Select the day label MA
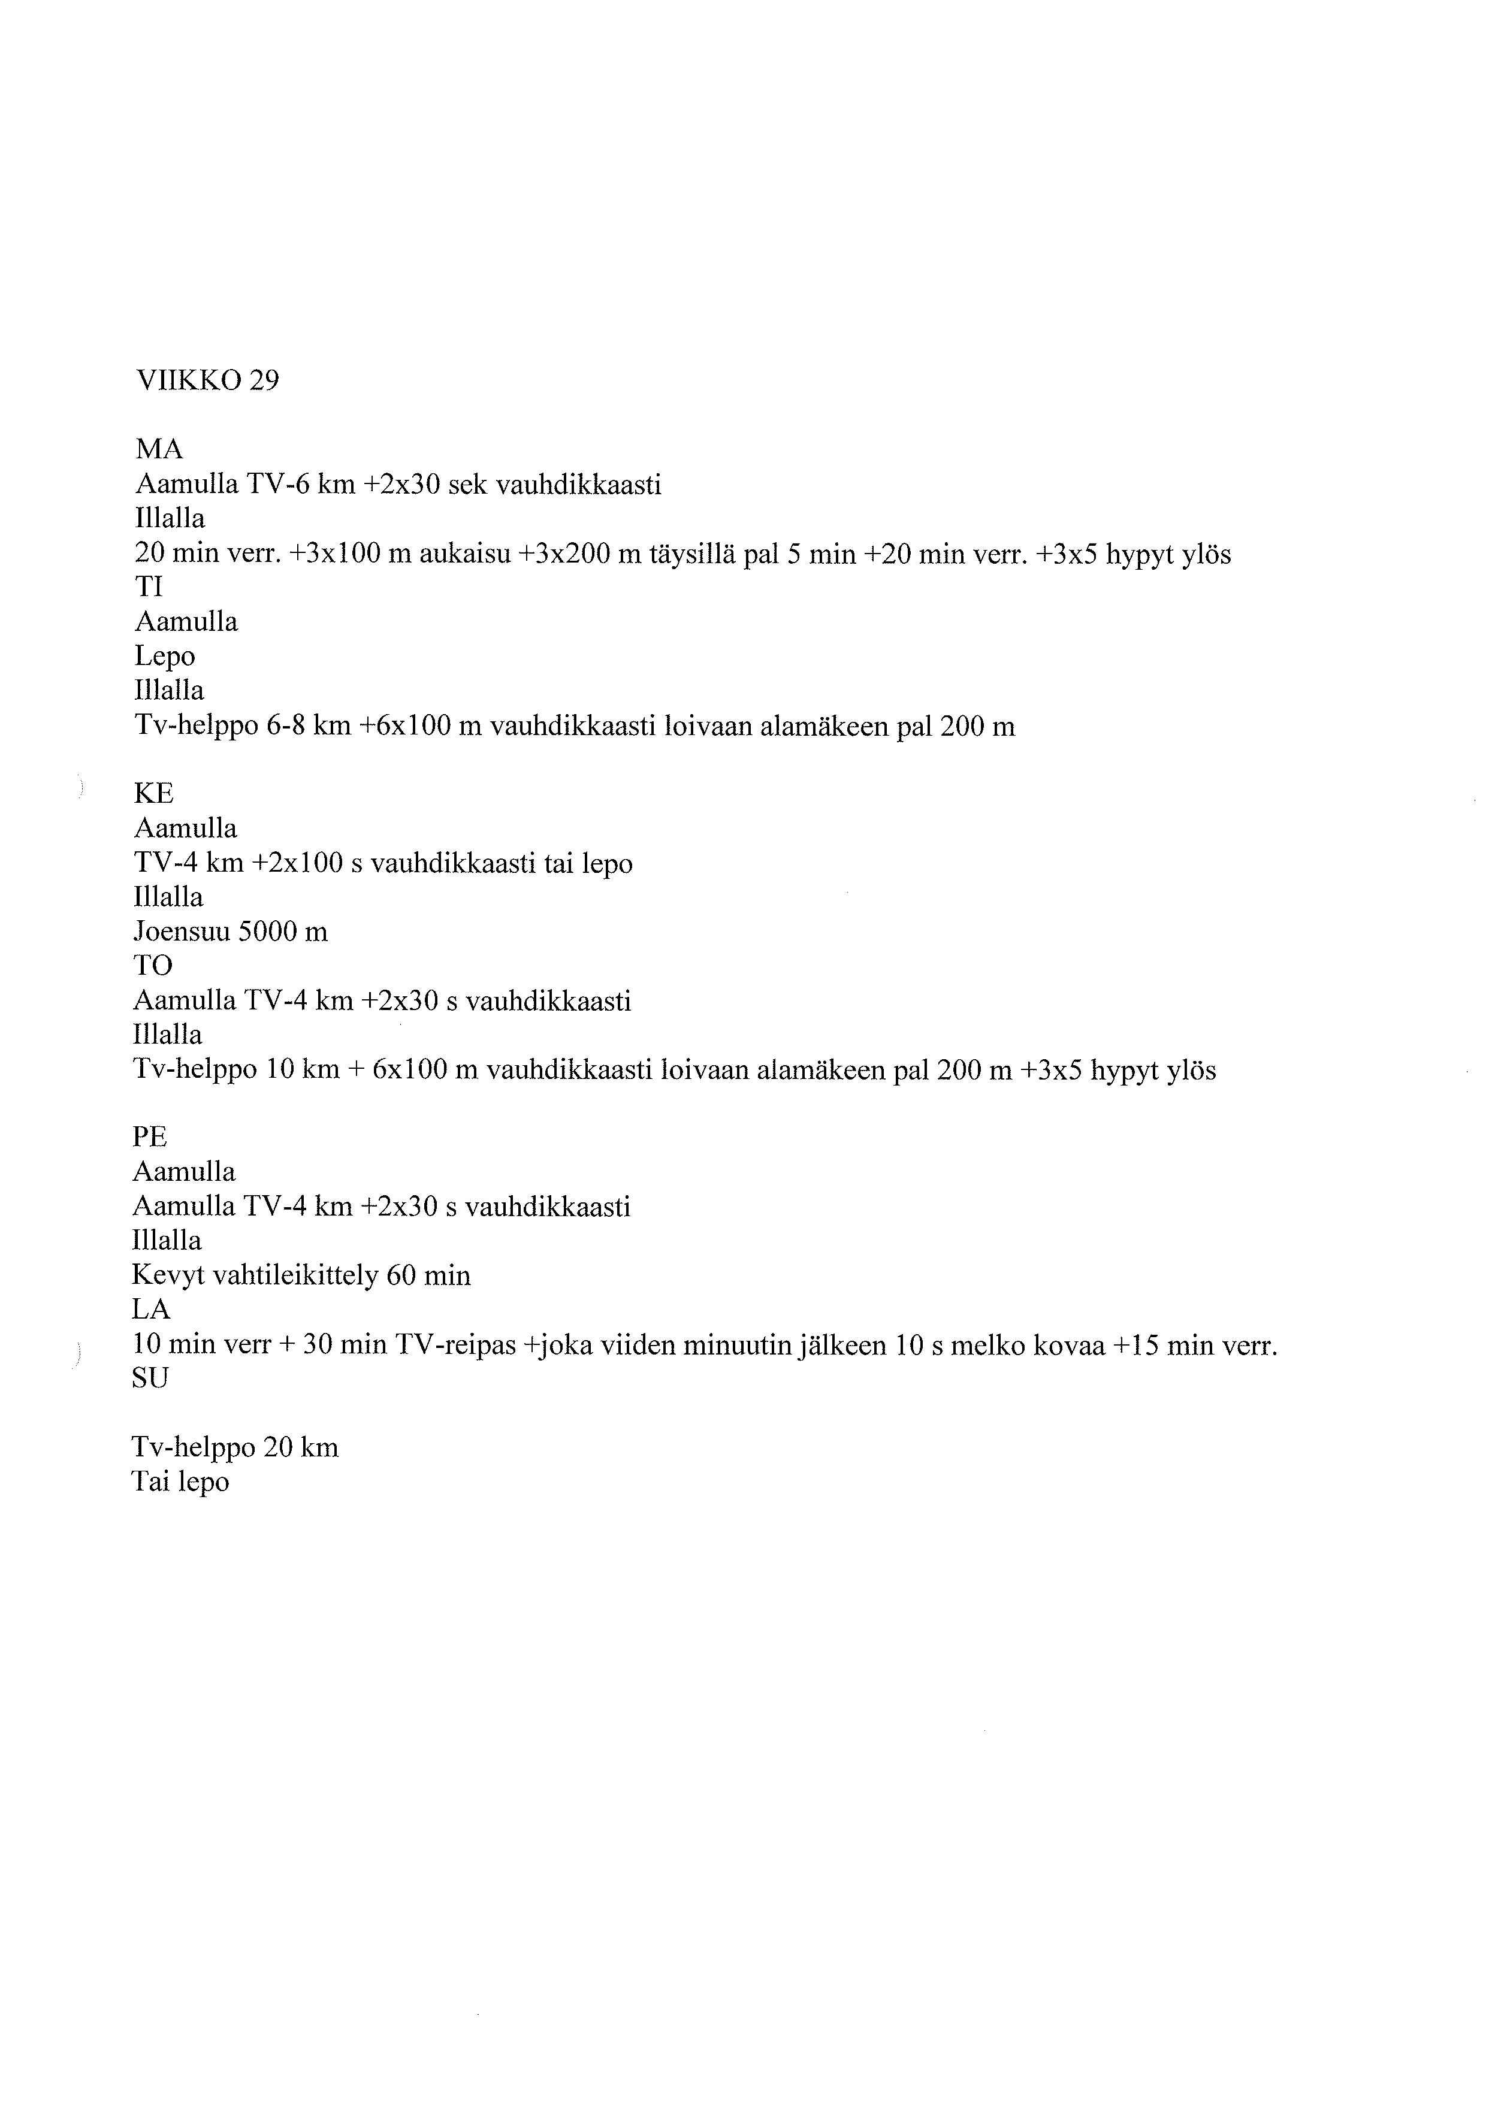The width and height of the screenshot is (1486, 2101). [159, 449]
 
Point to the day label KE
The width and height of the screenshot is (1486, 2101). [154, 793]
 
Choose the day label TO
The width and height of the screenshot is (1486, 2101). [153, 965]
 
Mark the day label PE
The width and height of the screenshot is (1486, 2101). [150, 1138]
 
